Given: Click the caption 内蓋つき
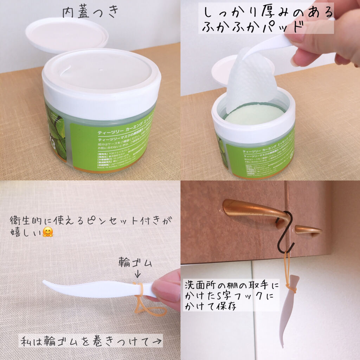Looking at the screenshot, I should click(90, 12).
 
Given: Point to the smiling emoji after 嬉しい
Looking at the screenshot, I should click(47, 232).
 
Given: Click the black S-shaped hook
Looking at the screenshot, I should click(285, 232).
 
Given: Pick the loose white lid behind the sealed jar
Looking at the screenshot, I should click(66, 34).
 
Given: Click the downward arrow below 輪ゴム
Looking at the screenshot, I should click(137, 274).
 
